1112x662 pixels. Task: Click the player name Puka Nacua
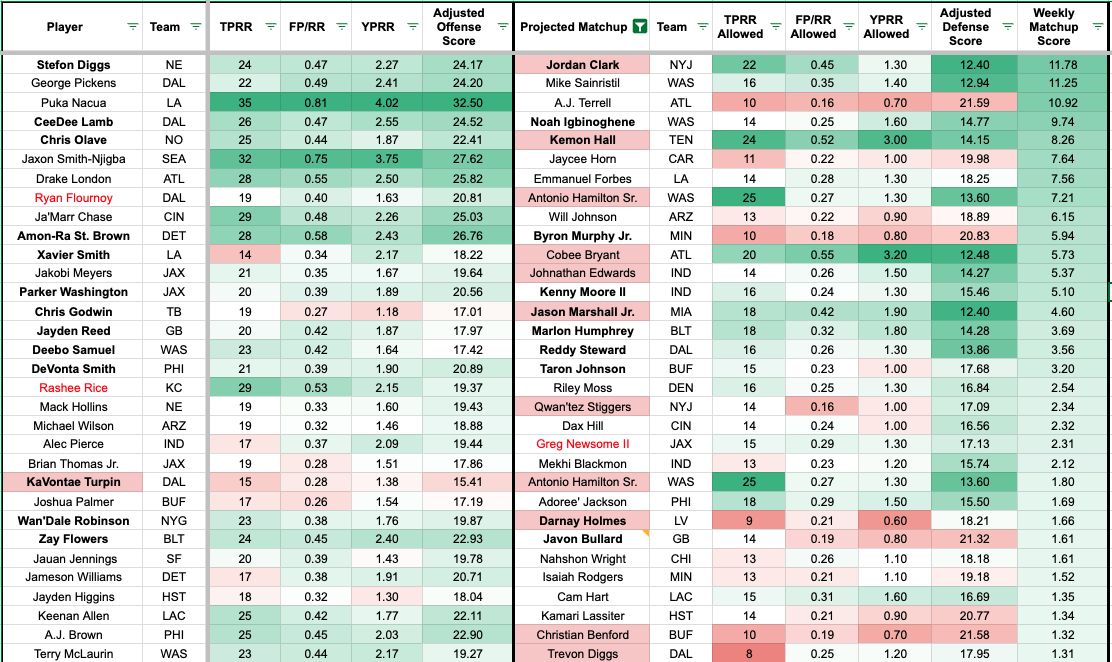[x=72, y=103]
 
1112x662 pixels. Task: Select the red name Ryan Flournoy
[x=72, y=198]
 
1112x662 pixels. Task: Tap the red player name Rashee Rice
[x=72, y=388]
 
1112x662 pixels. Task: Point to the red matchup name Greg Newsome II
[x=582, y=444]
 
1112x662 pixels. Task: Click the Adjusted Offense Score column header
[x=459, y=27]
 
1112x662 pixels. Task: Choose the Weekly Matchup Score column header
[x=1053, y=27]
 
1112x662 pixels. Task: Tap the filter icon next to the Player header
[x=132, y=27]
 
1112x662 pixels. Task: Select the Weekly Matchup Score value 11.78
[x=1054, y=65]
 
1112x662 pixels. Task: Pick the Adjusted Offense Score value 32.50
[x=459, y=103]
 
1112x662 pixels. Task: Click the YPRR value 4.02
[x=385, y=103]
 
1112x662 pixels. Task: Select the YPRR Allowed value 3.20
[x=886, y=255]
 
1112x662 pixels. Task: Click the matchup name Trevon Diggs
[x=582, y=654]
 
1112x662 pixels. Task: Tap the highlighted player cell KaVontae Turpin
[x=72, y=483]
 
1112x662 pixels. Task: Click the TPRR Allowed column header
[x=740, y=27]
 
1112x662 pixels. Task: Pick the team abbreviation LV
[x=672, y=521]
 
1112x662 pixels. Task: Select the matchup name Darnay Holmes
[x=582, y=521]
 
